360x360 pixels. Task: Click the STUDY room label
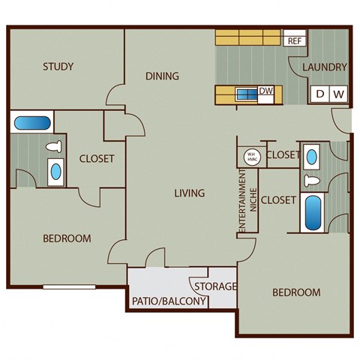click(x=58, y=67)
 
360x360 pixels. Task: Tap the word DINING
click(x=162, y=76)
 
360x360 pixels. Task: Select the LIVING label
click(x=189, y=193)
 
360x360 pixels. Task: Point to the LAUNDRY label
click(x=325, y=67)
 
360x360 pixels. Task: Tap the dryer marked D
click(x=320, y=94)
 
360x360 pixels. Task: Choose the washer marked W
click(x=338, y=94)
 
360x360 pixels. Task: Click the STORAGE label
click(x=216, y=286)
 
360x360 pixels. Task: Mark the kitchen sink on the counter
click(x=245, y=94)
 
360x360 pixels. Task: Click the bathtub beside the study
click(x=31, y=121)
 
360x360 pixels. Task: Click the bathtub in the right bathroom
click(x=312, y=211)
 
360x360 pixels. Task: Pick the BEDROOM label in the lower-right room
click(x=295, y=292)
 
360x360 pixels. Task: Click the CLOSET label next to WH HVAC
click(x=283, y=155)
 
